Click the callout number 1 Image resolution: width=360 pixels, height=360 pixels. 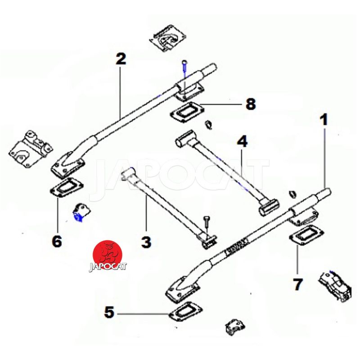(324, 120)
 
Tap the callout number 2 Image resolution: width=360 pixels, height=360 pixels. (121, 59)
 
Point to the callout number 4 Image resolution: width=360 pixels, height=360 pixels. (242, 141)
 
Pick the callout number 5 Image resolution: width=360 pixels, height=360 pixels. (109, 312)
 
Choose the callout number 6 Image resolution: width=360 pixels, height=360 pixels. (57, 242)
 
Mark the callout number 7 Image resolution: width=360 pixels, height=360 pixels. (297, 284)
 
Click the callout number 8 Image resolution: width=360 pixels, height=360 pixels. (251, 104)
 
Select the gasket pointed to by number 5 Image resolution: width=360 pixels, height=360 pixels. (185, 312)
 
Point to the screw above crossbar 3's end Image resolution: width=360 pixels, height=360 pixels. (206, 224)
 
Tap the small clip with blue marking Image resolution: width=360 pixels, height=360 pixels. (81, 212)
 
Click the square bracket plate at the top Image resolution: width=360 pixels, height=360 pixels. (168, 38)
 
